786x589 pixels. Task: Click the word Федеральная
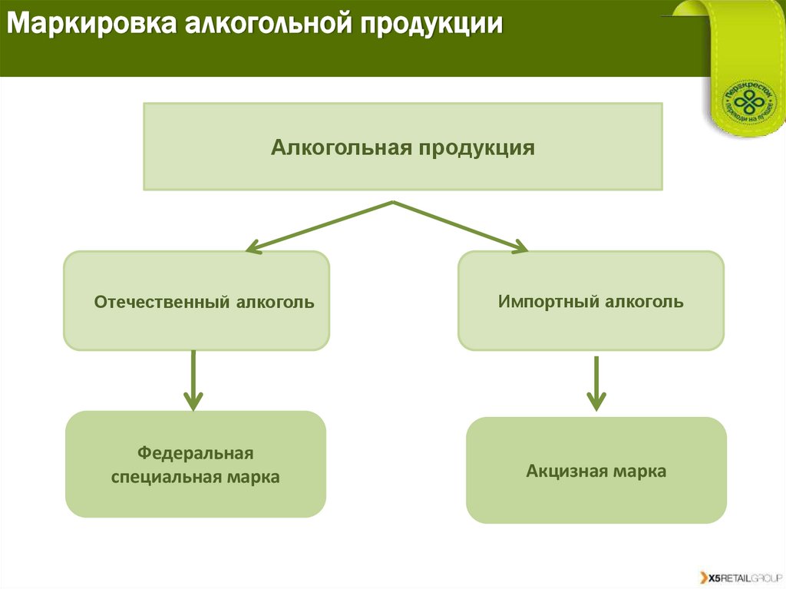pos(195,453)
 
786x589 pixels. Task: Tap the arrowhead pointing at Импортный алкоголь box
pos(521,247)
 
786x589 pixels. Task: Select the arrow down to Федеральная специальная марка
pos(193,380)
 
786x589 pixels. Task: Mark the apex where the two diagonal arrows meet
pos(394,203)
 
